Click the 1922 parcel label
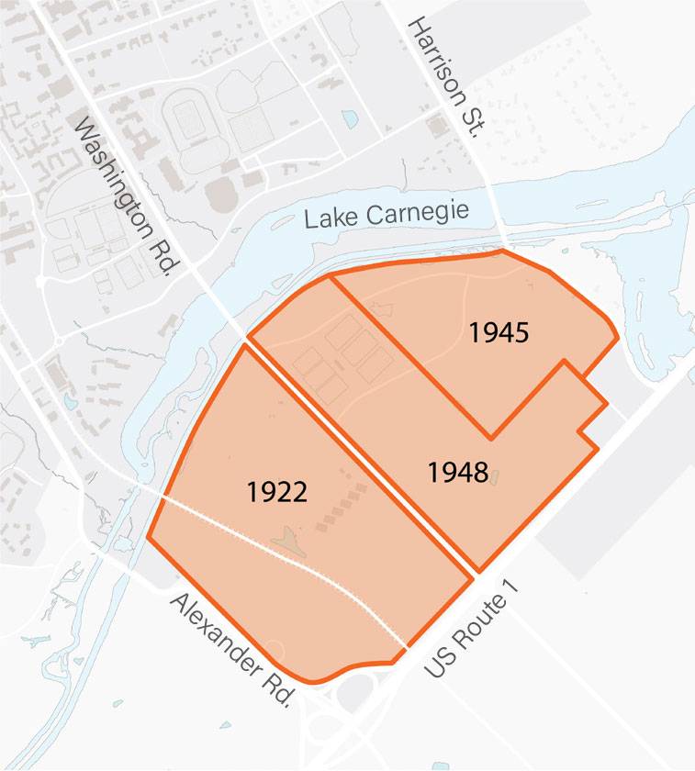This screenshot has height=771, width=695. click(276, 492)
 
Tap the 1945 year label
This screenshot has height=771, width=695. click(499, 332)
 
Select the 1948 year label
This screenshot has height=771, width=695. click(457, 473)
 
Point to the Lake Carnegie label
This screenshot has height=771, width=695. click(387, 216)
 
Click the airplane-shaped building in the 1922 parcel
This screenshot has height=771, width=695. click(286, 542)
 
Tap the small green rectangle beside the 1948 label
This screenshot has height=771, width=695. click(495, 476)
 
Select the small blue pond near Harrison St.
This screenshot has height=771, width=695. click(349, 118)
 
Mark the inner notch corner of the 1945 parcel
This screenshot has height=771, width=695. click(491, 438)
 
